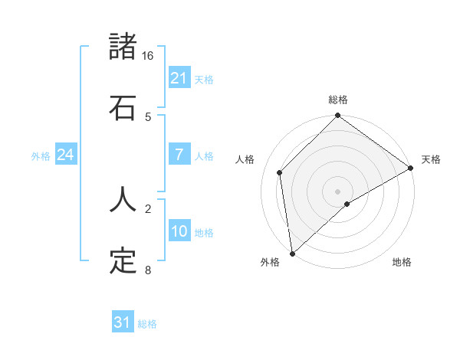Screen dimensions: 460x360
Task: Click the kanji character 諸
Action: [123, 47]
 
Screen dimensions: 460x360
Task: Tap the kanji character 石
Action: [123, 108]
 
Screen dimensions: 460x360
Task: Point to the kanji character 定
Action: [123, 261]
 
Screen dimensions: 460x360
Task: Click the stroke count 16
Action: [148, 56]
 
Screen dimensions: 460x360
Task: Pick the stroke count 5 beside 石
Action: [148, 117]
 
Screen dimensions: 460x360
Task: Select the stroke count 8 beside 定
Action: [148, 270]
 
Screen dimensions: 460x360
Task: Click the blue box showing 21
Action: [179, 78]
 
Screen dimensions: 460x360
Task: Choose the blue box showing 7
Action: [179, 155]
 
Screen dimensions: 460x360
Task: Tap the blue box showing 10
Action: [179, 231]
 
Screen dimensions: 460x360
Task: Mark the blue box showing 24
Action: [65, 155]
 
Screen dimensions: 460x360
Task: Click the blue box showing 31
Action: [123, 322]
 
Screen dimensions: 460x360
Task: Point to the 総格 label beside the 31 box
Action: [147, 324]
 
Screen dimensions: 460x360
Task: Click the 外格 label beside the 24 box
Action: [41, 156]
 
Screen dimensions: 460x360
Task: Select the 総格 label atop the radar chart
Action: [338, 100]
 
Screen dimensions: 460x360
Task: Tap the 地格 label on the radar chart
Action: [402, 263]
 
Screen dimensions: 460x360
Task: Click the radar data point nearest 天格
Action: [410, 169]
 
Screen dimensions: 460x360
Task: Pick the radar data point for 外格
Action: [292, 253]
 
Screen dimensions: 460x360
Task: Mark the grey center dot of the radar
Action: [338, 191]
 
